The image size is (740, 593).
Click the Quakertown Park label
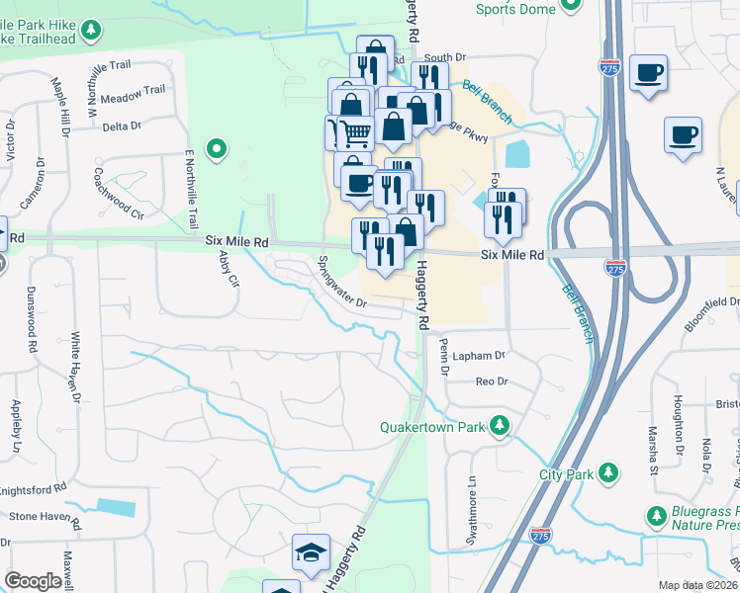[x=435, y=427]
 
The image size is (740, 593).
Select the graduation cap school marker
[x=311, y=554]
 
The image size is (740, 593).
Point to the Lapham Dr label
[x=476, y=354]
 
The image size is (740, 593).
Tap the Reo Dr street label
[x=491, y=381]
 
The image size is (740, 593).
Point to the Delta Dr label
[x=123, y=126]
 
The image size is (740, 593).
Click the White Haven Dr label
[x=74, y=369]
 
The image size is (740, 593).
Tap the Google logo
[x=33, y=581]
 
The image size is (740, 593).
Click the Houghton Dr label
[x=679, y=424]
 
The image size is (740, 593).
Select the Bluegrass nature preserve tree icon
[x=655, y=516]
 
